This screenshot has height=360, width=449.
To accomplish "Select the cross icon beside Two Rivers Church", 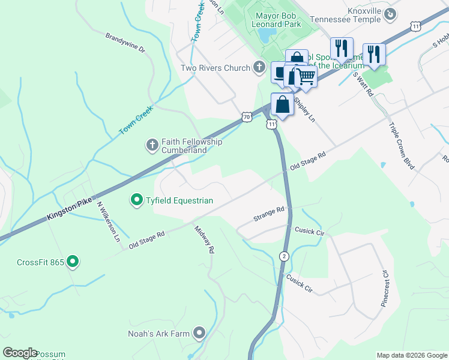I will [259, 67].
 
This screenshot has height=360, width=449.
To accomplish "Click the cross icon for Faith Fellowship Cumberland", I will [152, 145].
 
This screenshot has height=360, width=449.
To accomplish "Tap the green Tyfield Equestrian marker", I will [136, 200].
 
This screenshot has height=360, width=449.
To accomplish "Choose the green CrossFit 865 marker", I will [73, 262].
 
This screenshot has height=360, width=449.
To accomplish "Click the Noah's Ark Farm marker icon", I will [199, 333].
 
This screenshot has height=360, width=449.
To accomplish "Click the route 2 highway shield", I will [285, 256].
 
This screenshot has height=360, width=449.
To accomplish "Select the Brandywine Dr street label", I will [125, 43].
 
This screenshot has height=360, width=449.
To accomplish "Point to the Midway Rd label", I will [204, 240].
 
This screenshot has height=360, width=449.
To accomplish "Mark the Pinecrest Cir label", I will [385, 289].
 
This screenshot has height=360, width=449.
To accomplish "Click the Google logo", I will [20, 353].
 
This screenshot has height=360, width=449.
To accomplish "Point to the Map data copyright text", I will [411, 355].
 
